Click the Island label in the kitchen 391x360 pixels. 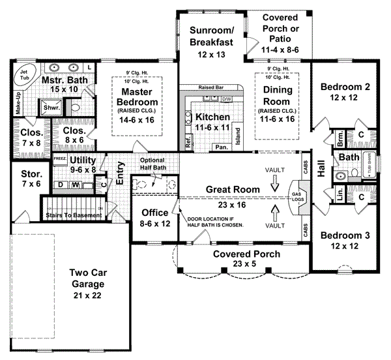[238, 134]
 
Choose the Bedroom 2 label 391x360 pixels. [345, 92]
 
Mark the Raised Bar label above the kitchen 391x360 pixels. [211, 86]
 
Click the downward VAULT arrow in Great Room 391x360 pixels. [274, 185]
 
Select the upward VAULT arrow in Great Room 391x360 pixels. [274, 212]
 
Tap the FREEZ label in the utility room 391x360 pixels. [59, 158]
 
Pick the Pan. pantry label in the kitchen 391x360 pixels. [221, 148]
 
